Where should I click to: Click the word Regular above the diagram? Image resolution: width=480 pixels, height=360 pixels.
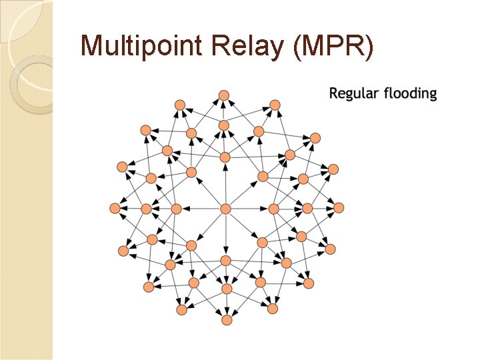354,94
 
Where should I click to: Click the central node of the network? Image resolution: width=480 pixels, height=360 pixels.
225,209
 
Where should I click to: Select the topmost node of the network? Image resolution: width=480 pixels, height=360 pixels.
225,95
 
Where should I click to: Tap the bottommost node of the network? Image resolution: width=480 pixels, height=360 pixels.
227,320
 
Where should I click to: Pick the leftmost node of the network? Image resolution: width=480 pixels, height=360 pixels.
114,209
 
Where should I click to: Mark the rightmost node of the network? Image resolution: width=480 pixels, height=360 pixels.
339,208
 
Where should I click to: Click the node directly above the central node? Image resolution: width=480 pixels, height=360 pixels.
225,157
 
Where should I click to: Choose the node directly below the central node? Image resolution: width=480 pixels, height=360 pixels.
225,260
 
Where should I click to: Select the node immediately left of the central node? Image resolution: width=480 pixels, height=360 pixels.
176,209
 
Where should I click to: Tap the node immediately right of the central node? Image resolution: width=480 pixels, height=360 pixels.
273,209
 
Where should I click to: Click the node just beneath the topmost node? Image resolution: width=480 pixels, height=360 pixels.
224,125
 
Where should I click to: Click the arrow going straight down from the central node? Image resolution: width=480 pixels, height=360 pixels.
225,235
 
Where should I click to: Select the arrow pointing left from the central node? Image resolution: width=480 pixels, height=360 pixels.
201,209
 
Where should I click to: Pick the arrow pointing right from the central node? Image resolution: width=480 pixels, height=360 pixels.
249,209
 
